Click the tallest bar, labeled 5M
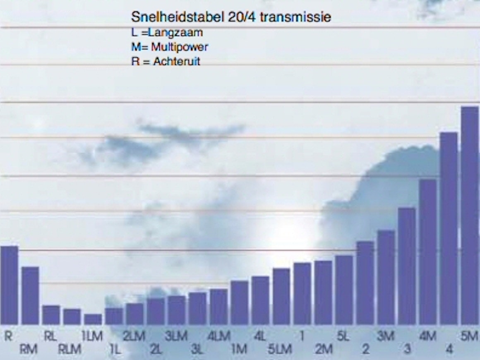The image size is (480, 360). point(470,215)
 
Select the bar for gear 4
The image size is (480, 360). point(449,228)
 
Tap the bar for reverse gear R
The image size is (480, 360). point(9,285)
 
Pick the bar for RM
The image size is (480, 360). point(30,295)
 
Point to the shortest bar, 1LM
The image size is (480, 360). point(93,319)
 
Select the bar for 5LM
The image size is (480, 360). point(281,296)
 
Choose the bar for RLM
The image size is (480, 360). point(72,317)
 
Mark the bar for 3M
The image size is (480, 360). point(386,277)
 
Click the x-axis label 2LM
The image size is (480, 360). point(134,336)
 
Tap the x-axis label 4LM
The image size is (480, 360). point(219,336)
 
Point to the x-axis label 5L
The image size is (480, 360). point(343,336)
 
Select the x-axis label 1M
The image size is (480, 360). point(239,349)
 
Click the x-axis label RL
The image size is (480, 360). point(50,336)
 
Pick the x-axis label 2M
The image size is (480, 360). point(323,349)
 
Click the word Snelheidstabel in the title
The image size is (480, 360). point(178,17)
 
